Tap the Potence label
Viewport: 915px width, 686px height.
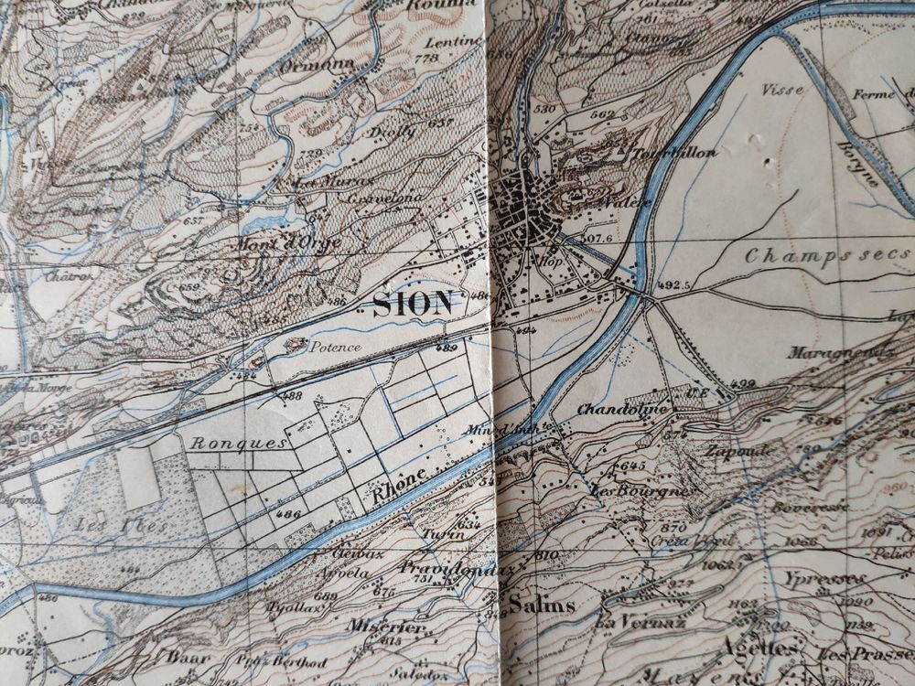(335, 348)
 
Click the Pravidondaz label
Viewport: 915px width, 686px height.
(446, 569)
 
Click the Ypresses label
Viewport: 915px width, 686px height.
(823, 580)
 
